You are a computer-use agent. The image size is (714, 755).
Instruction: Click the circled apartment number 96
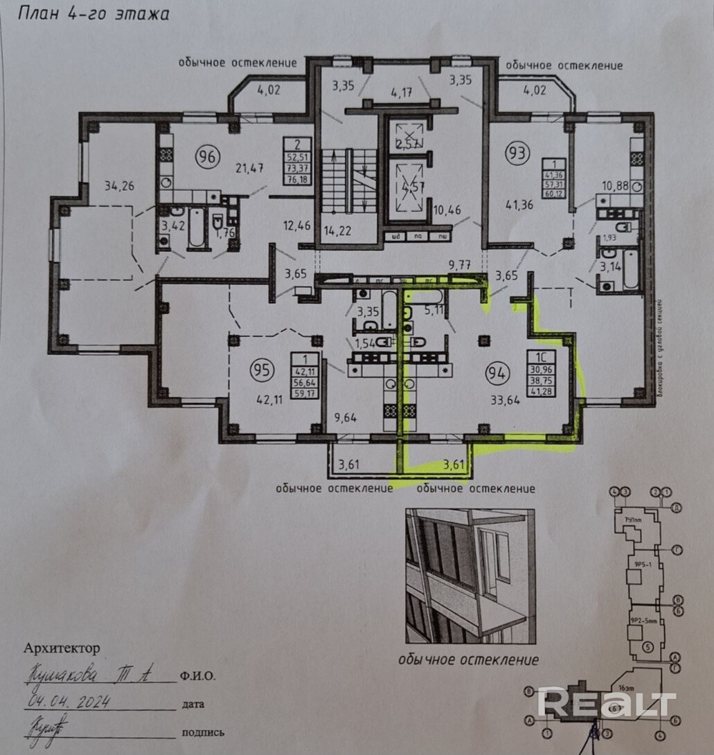(205, 154)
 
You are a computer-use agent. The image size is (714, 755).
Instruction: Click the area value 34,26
(118, 185)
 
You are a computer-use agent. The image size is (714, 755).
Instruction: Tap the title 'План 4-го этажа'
(93, 13)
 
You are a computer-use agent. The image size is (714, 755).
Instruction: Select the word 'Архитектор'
(62, 648)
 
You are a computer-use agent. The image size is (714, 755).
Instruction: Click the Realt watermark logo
(607, 704)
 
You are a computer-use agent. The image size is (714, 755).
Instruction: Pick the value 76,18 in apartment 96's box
(296, 181)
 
